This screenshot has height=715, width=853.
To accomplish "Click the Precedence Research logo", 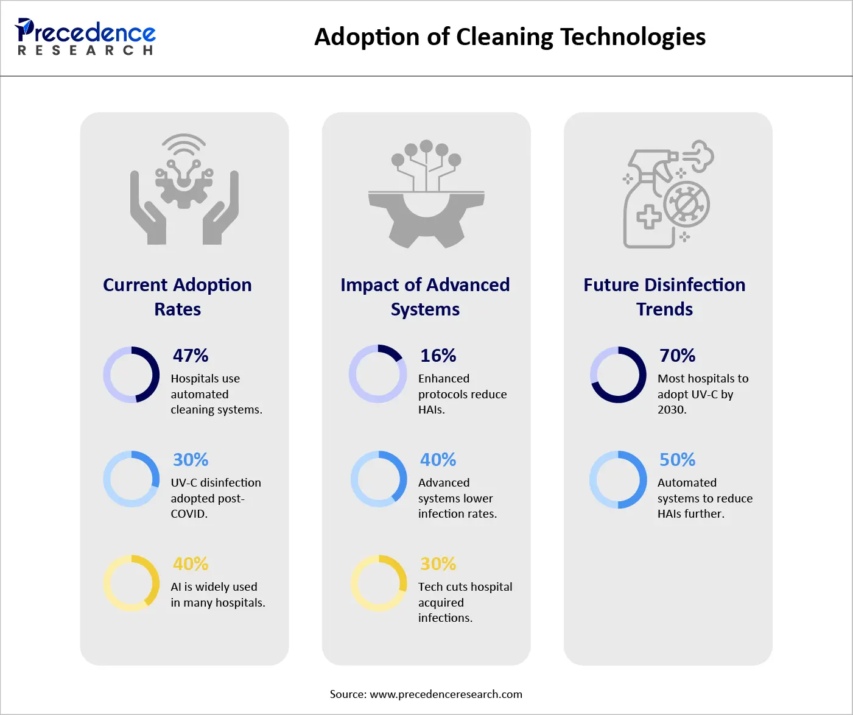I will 85,37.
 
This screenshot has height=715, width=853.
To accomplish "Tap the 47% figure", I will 191,356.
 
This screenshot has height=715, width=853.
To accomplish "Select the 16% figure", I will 438,356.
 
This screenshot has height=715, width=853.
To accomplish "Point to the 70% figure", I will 677,356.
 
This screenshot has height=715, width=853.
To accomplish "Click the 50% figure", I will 677,460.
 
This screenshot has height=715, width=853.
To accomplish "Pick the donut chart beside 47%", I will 132,375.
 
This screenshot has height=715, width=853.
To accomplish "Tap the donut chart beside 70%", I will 618,375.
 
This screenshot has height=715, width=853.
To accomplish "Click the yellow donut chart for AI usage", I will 132,583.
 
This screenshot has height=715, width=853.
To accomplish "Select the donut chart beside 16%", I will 377,374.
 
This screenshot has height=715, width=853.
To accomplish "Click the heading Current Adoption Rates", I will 177,297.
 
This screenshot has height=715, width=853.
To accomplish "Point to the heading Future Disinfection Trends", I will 664,297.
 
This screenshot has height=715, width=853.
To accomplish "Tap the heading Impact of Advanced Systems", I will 425,297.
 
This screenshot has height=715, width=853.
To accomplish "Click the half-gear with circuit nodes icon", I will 426,195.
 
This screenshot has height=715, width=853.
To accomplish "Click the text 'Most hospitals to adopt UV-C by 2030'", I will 703,394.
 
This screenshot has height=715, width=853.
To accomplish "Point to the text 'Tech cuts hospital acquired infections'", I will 465,602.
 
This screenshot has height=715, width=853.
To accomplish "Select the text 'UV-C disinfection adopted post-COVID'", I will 216,498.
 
